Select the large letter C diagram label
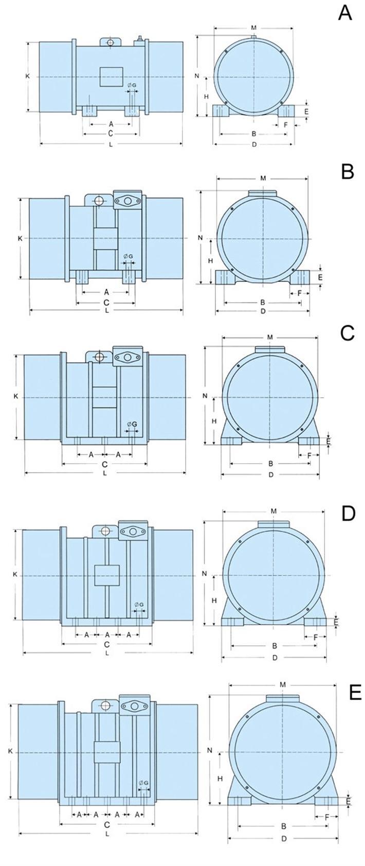pyautogui.click(x=348, y=333)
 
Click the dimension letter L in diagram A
pyautogui.click(x=111, y=144)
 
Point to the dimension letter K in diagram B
pyautogui.click(x=20, y=239)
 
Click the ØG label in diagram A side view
pyautogui.click(x=132, y=85)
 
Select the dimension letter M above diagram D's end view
pyautogui.click(x=273, y=511)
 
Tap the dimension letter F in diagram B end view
pyautogui.click(x=300, y=293)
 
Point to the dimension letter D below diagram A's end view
pyautogui.click(x=254, y=144)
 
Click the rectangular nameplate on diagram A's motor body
pyautogui.click(x=111, y=77)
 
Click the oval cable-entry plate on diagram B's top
pyautogui.click(x=126, y=201)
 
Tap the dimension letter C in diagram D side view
pyautogui.click(x=107, y=644)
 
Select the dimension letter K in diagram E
pyautogui.click(x=10, y=751)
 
